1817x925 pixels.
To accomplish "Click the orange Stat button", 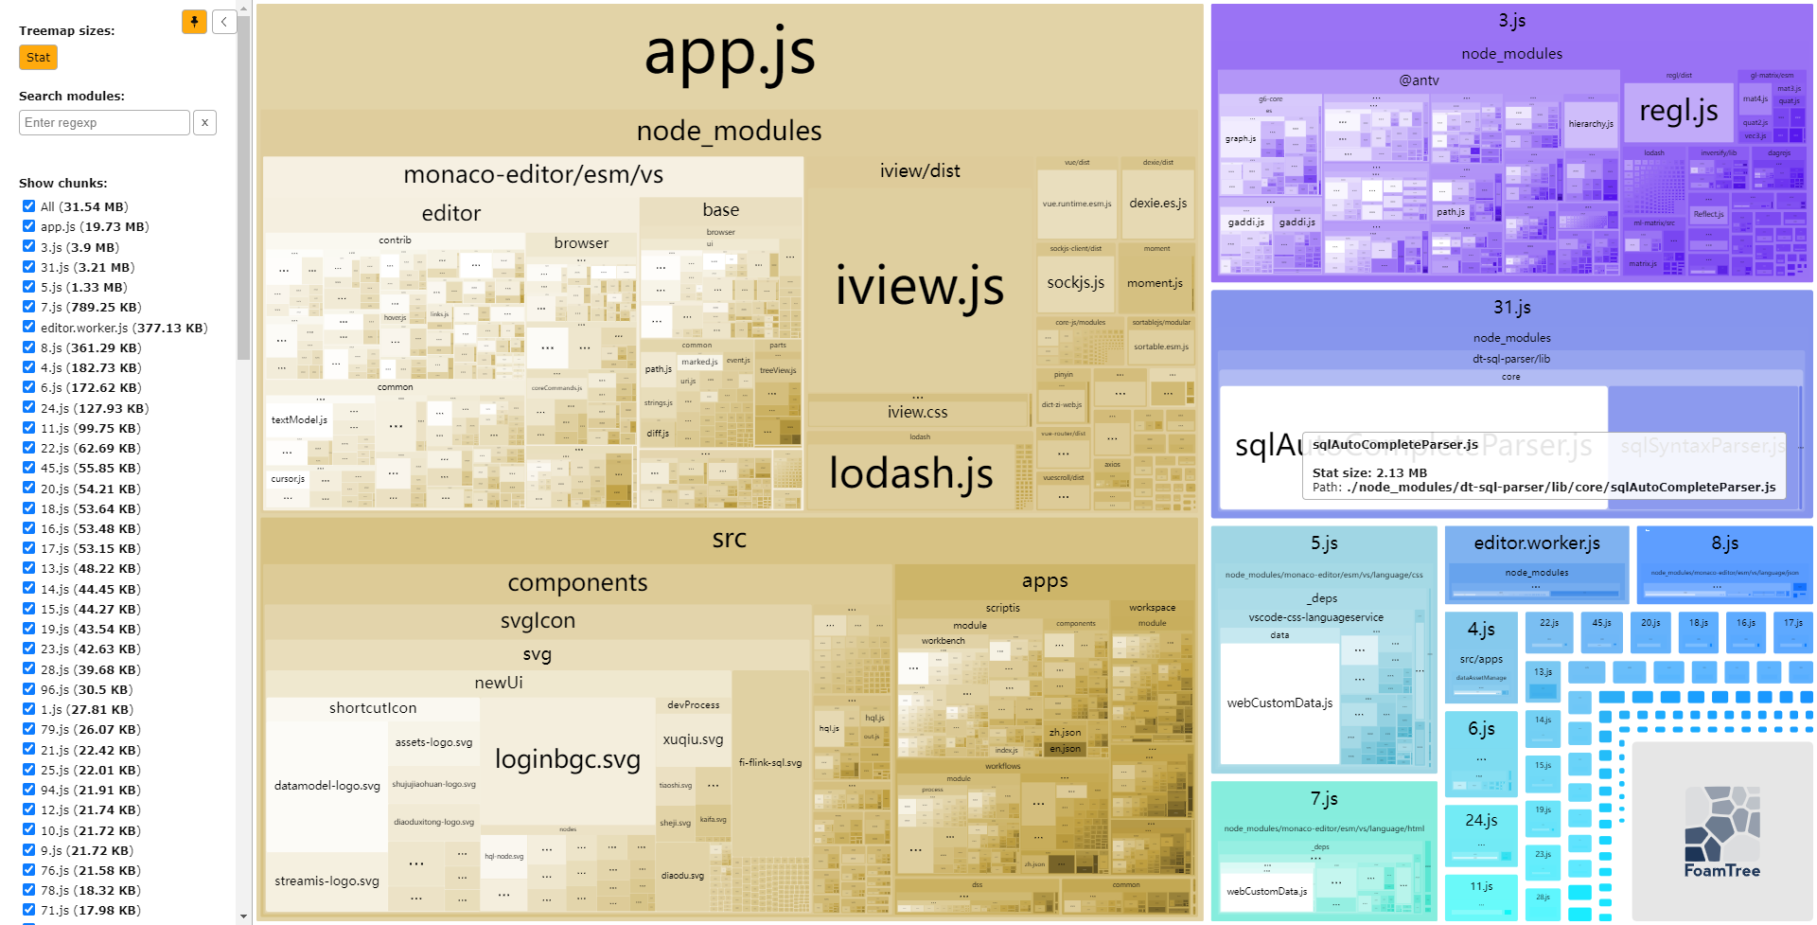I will pyautogui.click(x=38, y=58).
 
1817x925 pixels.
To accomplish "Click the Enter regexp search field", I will pyautogui.click(x=104, y=123).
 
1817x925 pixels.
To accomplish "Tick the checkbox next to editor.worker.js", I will pyautogui.click(x=28, y=328).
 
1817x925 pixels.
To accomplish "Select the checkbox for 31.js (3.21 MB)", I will pyautogui.click(x=28, y=267).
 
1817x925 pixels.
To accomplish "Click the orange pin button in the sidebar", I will pyautogui.click(x=194, y=21).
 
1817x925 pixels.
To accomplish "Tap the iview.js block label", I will pyautogui.click(x=919, y=287).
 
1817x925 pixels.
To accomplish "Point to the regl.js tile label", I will pyautogui.click(x=1678, y=112).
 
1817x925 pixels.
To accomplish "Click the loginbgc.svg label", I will pyautogui.click(x=567, y=759).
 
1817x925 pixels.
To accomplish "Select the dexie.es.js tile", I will pyautogui.click(x=1157, y=204).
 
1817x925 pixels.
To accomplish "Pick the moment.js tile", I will pyautogui.click(x=1155, y=283).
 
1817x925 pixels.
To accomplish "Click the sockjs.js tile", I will pyautogui.click(x=1075, y=282).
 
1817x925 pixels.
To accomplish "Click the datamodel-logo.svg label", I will pyautogui.click(x=326, y=786).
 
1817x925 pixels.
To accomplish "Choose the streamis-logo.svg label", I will pyautogui.click(x=326, y=881).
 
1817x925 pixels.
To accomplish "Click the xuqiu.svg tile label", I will pyautogui.click(x=693, y=739).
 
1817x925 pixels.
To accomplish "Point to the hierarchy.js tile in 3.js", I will pyautogui.click(x=1590, y=124).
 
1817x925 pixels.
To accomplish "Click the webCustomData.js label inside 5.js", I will pyautogui.click(x=1279, y=703).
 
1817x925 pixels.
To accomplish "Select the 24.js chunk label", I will pyautogui.click(x=1481, y=820).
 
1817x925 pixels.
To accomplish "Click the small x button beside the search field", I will pyautogui.click(x=204, y=123).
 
